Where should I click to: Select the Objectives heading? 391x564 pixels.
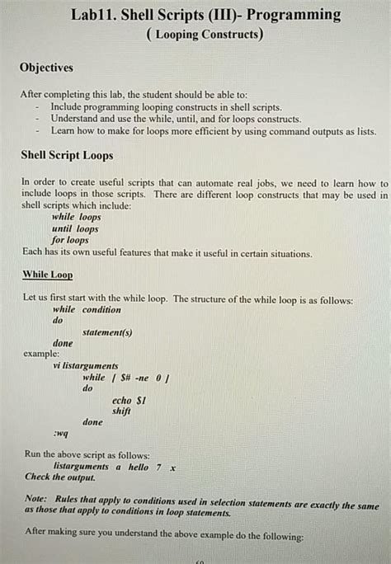[46, 68]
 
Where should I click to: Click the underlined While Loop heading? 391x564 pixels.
[47, 274]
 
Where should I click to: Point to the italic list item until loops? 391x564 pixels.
[75, 228]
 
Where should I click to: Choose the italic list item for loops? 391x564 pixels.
[70, 240]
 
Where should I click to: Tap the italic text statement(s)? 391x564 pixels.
[107, 332]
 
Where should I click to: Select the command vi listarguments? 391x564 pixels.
[85, 365]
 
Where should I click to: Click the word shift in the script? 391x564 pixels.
[121, 411]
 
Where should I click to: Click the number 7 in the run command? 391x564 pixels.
[158, 467]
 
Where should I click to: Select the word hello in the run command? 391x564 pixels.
[138, 467]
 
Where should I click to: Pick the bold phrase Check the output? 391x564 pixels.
[60, 477]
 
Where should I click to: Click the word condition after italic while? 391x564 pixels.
[101, 309]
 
